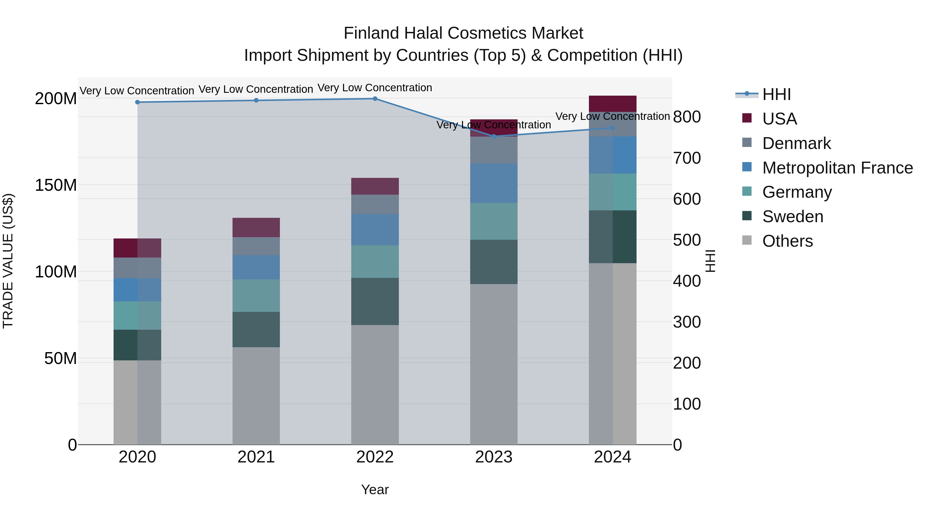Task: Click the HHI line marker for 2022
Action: pos(375,98)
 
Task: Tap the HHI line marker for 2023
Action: pos(493,136)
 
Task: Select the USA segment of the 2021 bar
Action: pos(256,227)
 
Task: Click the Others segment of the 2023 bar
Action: pos(493,364)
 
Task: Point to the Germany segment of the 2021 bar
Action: pos(256,295)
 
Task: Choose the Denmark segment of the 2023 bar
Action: pos(493,150)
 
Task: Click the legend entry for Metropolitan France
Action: pos(837,168)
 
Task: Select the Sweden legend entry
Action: pos(792,217)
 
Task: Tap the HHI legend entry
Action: pos(776,94)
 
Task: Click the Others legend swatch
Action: pos(747,240)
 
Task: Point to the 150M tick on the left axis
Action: pos(56,185)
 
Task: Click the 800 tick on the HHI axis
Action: pos(686,117)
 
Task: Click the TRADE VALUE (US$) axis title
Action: pos(8,261)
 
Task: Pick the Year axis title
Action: pos(375,490)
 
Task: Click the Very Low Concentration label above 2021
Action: pos(256,89)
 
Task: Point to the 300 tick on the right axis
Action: pos(686,322)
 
